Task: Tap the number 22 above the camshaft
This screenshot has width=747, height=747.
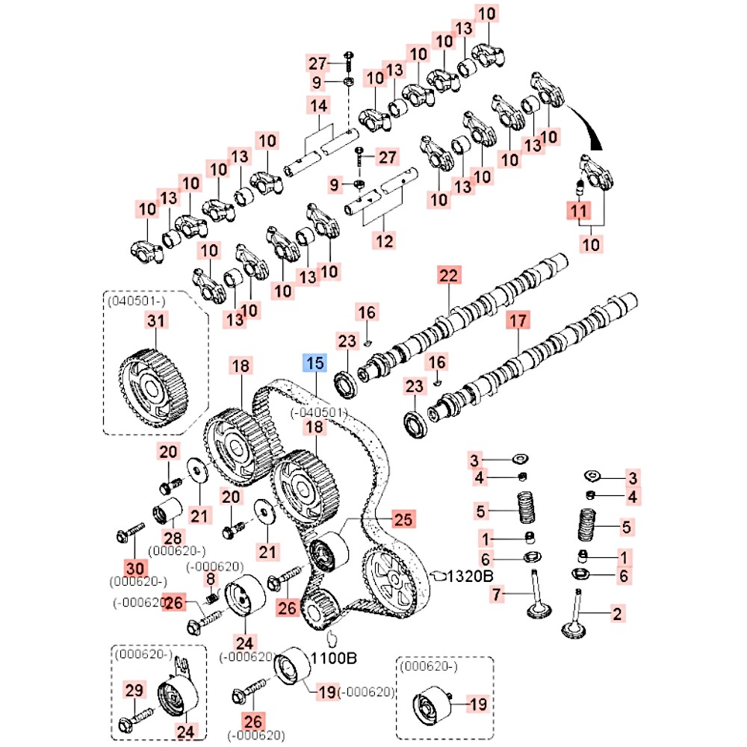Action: tap(447, 276)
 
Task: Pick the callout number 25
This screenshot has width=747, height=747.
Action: tap(403, 518)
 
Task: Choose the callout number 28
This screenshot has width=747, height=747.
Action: tap(173, 538)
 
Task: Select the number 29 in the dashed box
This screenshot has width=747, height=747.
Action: tap(134, 691)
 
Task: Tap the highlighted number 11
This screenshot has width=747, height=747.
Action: tap(577, 212)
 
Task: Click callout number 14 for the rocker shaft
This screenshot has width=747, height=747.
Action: tap(319, 106)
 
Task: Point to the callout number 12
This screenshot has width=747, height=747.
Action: tap(385, 241)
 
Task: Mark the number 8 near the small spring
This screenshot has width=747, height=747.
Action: tap(211, 579)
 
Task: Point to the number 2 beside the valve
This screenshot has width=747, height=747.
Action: tap(616, 615)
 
